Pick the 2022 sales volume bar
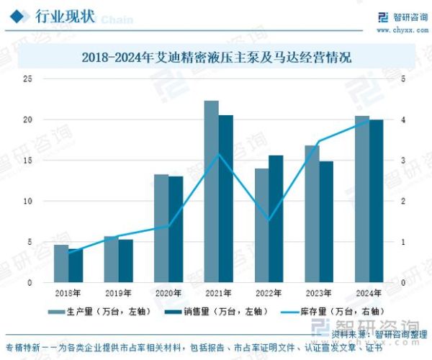tap(276, 219)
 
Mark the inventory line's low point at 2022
tap(269, 220)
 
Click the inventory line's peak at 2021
tap(219, 155)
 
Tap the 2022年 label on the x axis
tap(269, 293)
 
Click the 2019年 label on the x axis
tap(119, 293)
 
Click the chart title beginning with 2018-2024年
tap(216, 57)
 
